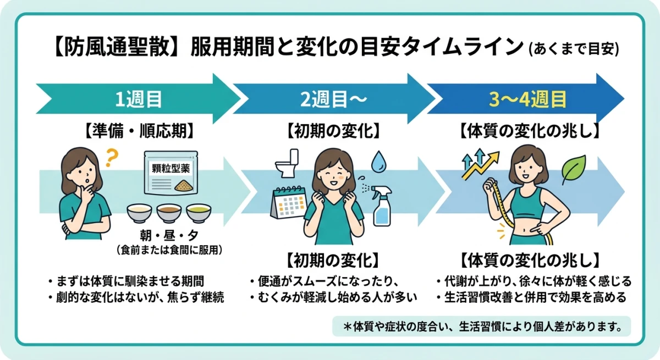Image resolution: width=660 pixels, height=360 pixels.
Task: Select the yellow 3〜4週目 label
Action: point(528,100)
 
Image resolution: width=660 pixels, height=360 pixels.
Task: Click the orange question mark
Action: point(112,159)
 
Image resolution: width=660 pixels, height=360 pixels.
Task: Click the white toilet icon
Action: point(287,163)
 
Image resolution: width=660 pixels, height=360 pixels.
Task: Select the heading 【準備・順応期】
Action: point(139,131)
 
